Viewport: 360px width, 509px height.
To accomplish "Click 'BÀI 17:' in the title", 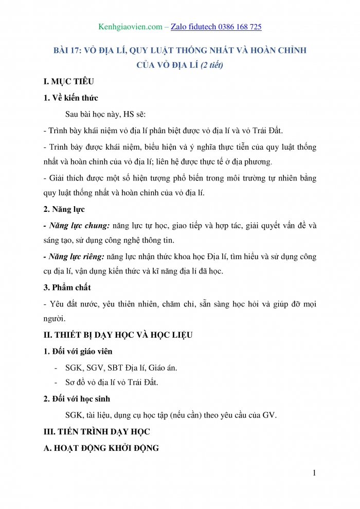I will coord(70,50).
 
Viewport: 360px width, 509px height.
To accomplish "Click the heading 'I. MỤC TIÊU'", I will coord(69,81).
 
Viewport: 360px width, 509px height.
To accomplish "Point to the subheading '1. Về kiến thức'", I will coord(71,98).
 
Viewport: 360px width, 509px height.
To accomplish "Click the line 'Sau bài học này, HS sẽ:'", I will coord(109,114).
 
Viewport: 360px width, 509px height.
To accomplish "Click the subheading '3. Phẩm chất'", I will coord(67,287).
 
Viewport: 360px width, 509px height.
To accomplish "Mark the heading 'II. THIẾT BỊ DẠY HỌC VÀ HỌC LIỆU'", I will coord(118,335).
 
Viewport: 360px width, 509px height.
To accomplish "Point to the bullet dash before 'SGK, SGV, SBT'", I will coord(56,368).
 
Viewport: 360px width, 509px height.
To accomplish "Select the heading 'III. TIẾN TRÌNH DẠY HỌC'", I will coord(97,431).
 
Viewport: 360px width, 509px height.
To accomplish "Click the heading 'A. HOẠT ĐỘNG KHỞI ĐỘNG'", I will coord(101,448).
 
